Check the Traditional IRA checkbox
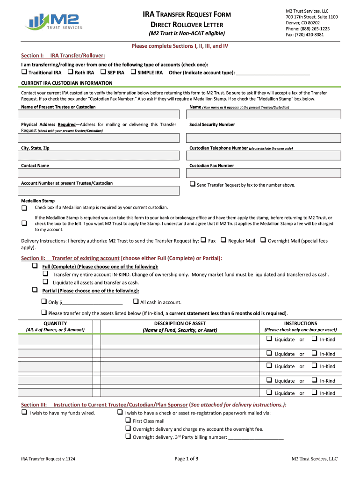click(24, 73)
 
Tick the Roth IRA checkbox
click(70, 73)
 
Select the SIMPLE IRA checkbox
click(133, 73)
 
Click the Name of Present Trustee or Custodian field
click(99, 115)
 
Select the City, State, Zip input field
click(99, 155)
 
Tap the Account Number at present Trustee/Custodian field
click(99, 191)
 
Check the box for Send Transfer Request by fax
click(192, 184)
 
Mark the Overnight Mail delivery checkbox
click(263, 240)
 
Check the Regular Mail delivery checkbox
click(223, 240)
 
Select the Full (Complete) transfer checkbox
click(35, 266)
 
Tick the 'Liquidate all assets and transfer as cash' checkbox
click(46, 282)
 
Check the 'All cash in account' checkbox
click(136, 302)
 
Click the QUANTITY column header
click(55, 323)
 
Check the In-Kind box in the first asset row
click(315, 339)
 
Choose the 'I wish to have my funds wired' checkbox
click(24, 413)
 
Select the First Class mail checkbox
click(128, 421)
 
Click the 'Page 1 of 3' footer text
click(186, 459)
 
